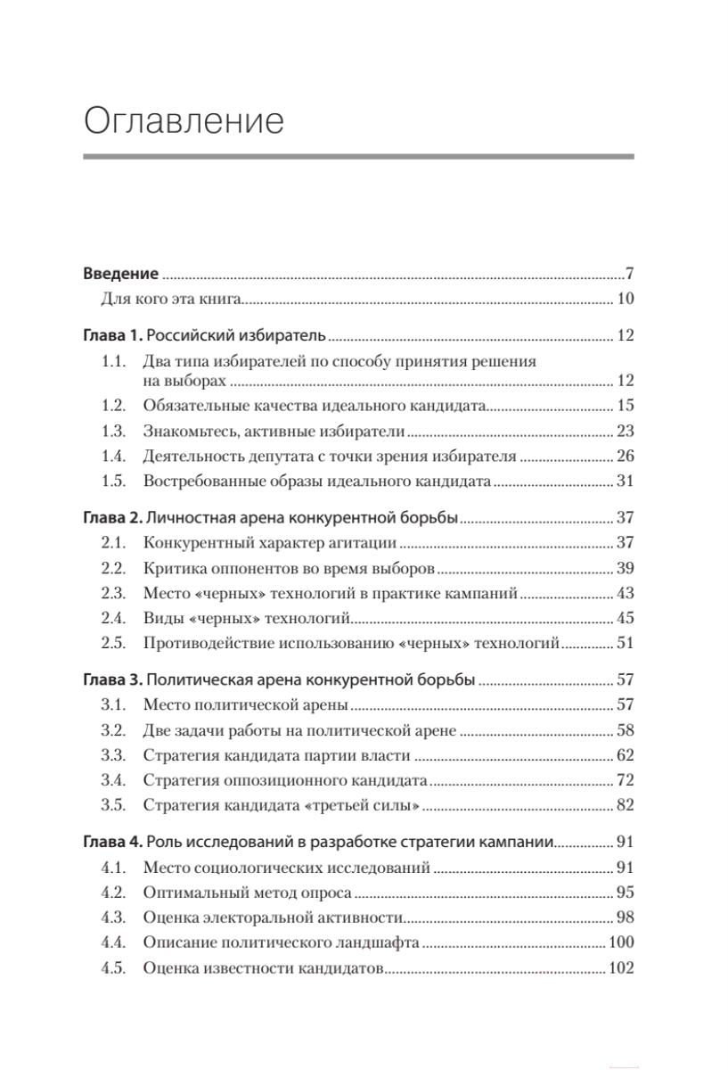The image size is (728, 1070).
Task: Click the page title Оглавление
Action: click(184, 120)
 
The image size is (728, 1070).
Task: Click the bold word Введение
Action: click(120, 274)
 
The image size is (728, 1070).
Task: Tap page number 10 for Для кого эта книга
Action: click(625, 299)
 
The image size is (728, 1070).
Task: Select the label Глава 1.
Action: click(112, 336)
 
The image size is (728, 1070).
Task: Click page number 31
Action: click(625, 481)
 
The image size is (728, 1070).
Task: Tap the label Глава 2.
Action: click(112, 517)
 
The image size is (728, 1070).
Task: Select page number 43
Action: click(625, 593)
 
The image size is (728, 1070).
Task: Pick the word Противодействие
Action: click(204, 643)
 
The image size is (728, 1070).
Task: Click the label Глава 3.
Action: click(112, 679)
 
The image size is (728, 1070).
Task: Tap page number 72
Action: click(625, 780)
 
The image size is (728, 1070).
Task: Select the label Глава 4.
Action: click(112, 842)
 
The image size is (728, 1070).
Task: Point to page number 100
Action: click(620, 942)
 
